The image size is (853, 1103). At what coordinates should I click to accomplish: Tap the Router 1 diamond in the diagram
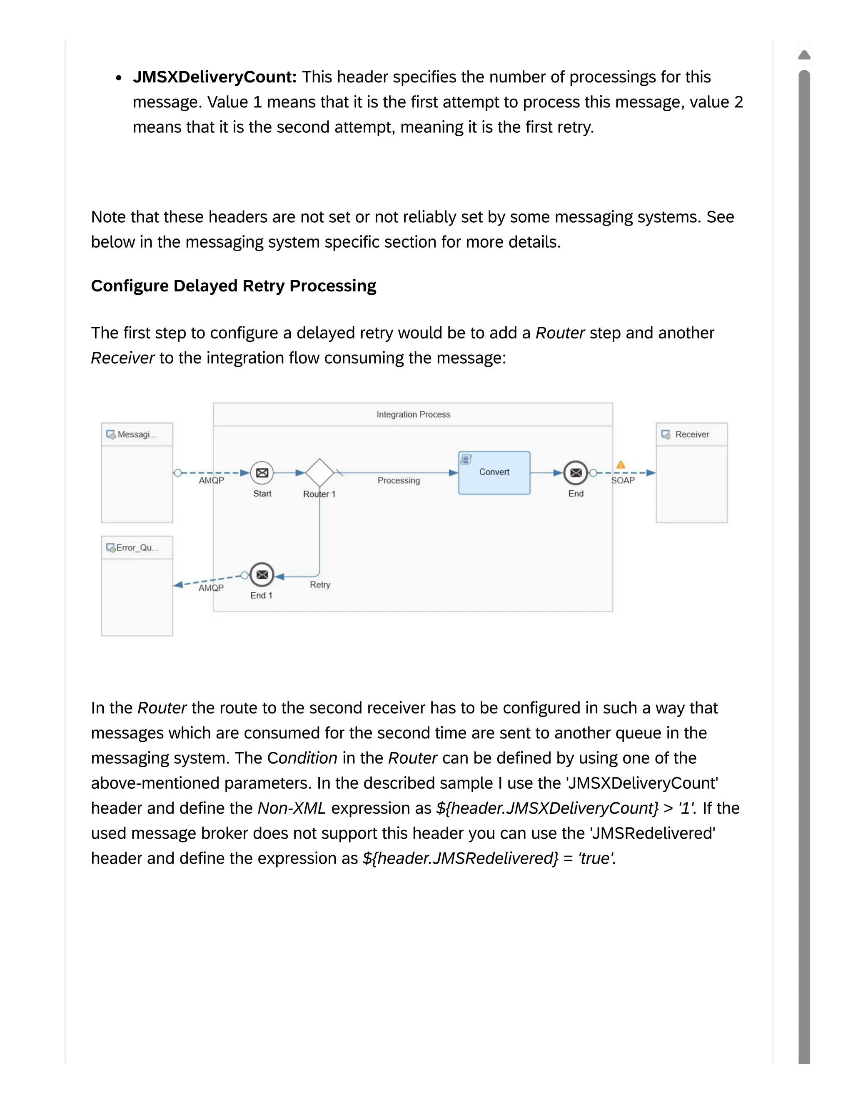coord(319,473)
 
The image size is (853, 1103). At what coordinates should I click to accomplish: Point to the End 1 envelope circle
coord(262,575)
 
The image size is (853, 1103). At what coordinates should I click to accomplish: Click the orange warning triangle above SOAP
coord(621,464)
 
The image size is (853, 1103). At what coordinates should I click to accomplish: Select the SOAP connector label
coord(623,481)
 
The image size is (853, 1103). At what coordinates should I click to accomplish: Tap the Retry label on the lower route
coord(320,585)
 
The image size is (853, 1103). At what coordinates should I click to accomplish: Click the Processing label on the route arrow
coord(398,480)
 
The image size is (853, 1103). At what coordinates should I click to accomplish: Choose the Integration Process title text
coord(413,415)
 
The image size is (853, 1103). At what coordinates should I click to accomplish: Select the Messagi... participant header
coord(137,434)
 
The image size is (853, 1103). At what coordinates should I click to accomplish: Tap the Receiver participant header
coord(691,434)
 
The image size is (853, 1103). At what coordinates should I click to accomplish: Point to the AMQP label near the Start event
coord(211,481)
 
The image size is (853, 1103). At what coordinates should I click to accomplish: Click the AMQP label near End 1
coord(211,588)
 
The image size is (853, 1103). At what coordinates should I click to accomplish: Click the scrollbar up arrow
coord(804,55)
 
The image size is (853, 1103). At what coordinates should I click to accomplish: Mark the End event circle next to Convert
coord(576,473)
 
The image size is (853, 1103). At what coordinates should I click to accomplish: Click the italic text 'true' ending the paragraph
coord(595,859)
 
